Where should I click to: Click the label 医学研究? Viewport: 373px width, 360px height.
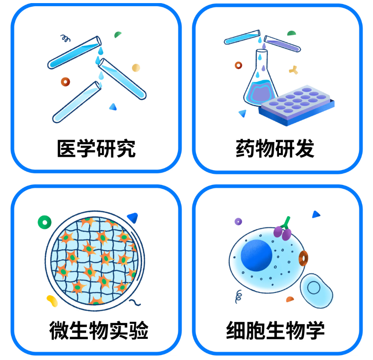96,149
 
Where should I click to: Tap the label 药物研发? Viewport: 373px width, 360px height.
275,149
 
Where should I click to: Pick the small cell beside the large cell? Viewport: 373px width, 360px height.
316,289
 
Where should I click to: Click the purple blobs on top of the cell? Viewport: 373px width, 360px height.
283,232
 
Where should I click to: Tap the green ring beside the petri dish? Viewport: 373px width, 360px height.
45,222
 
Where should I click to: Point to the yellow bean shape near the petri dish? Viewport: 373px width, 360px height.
52,300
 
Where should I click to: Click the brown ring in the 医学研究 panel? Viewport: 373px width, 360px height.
65,82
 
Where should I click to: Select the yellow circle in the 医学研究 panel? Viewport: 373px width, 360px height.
136,68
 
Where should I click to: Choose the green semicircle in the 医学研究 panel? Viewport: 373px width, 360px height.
118,34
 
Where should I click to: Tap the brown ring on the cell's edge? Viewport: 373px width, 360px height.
303,259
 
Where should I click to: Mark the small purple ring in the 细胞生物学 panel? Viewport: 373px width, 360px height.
238,221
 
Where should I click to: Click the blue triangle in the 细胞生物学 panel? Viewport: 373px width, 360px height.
316,214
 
